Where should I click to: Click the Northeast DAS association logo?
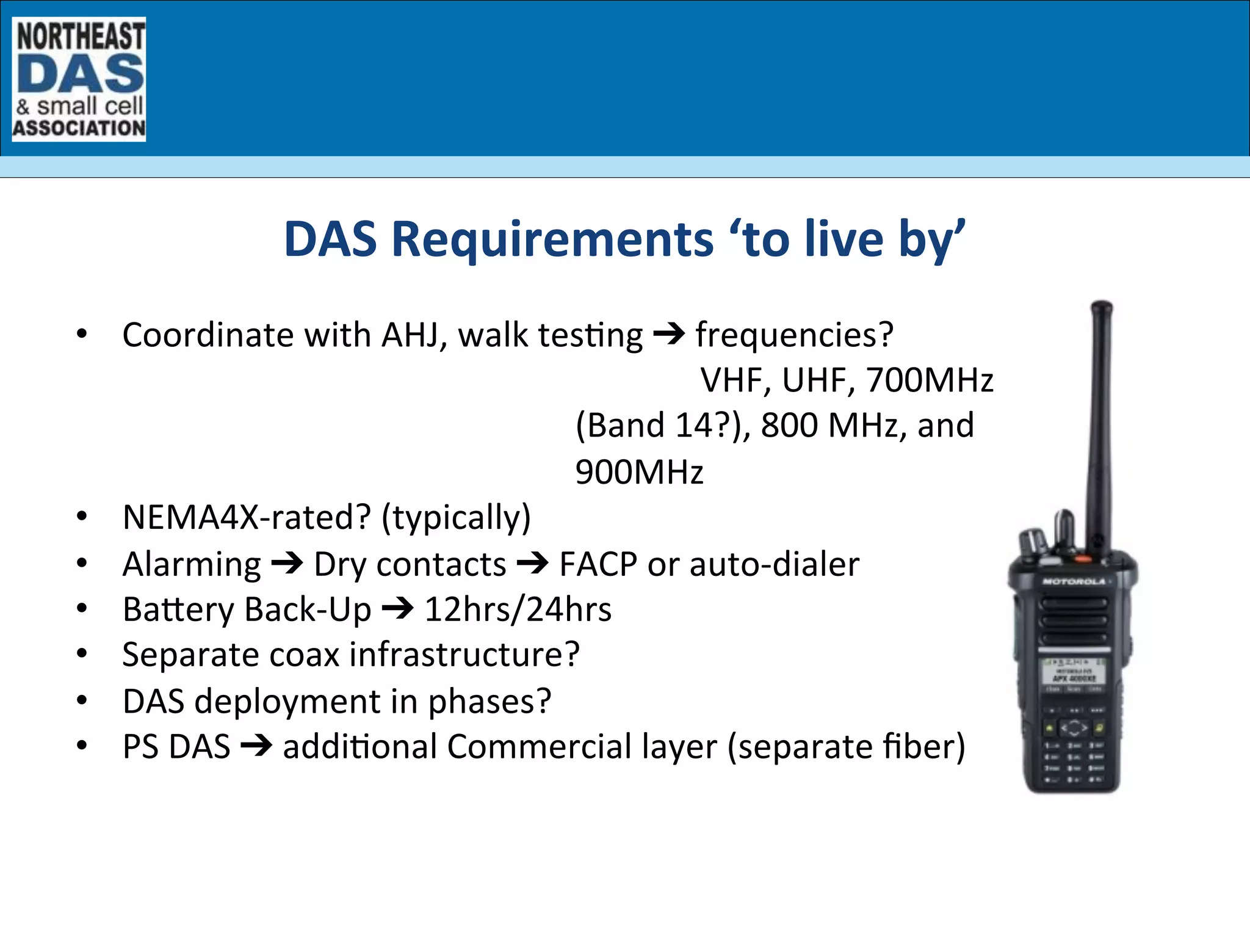[x=79, y=79]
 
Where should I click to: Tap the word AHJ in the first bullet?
[x=414, y=335]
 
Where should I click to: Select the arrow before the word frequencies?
[x=669, y=334]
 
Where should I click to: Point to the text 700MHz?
[x=930, y=380]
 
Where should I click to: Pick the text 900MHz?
[x=639, y=472]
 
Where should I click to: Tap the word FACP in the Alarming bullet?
[x=598, y=564]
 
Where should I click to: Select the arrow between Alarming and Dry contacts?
[x=287, y=563]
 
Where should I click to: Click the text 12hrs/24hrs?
[x=518, y=609]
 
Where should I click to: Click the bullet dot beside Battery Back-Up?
[x=82, y=608]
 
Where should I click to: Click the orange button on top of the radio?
[x=1083, y=559]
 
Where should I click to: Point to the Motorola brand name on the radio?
[x=1074, y=581]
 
